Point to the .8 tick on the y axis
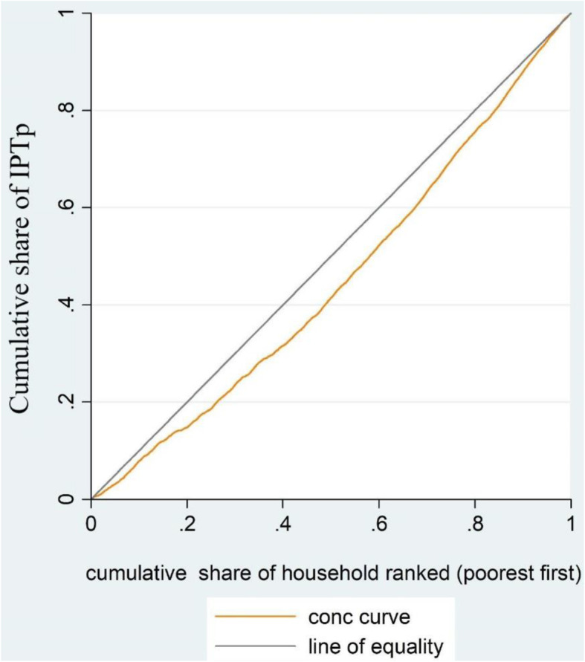(x=68, y=110)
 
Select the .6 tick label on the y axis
(x=68, y=207)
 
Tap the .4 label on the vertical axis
(x=68, y=305)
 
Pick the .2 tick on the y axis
(x=68, y=402)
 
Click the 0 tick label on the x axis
(x=91, y=524)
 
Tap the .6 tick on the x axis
(x=378, y=524)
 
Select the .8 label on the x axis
(x=474, y=524)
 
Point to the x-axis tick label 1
(x=571, y=524)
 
